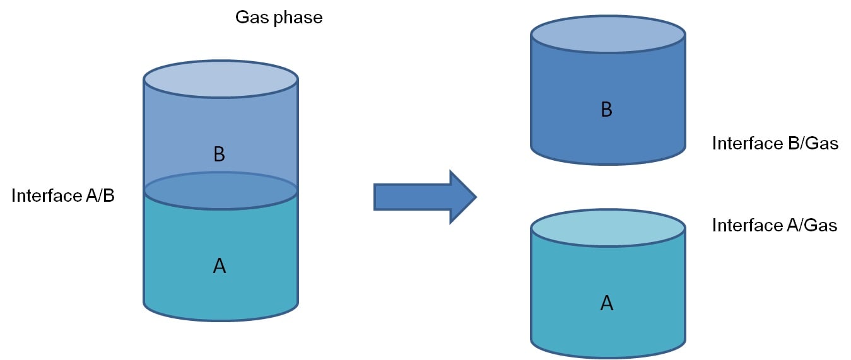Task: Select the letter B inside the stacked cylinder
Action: (220, 154)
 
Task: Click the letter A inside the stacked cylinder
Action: (220, 267)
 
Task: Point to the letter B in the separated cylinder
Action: (607, 110)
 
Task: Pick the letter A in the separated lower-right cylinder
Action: (607, 303)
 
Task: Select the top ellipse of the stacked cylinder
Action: (220, 79)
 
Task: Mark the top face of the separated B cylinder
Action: (607, 33)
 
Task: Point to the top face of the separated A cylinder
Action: (607, 228)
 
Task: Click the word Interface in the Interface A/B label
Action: (46, 196)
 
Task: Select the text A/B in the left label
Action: (99, 196)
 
